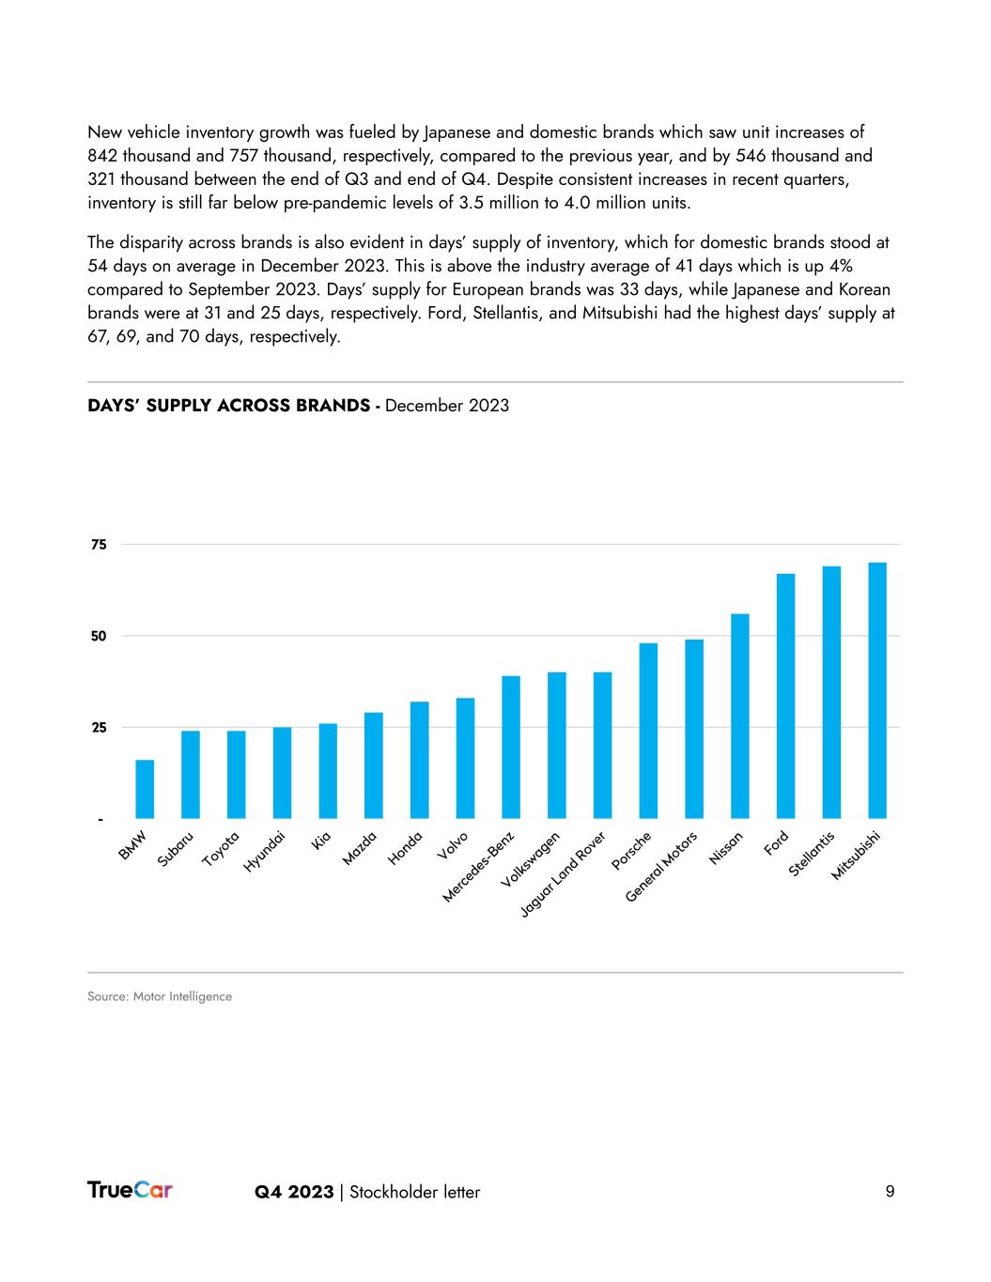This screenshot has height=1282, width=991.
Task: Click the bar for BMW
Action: pyautogui.click(x=145, y=789)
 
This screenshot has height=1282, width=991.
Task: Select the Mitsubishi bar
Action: pyautogui.click(x=877, y=690)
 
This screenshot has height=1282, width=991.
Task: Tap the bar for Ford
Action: pyautogui.click(x=785, y=696)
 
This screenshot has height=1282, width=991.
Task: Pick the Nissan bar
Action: pyautogui.click(x=740, y=716)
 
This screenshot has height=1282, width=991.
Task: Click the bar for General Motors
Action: pyautogui.click(x=694, y=729)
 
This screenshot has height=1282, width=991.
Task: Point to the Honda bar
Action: pyautogui.click(x=419, y=760)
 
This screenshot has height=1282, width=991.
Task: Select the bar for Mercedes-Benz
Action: pyautogui.click(x=511, y=747)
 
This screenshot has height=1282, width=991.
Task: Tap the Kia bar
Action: pyautogui.click(x=328, y=770)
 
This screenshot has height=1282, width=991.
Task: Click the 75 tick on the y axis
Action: pyautogui.click(x=99, y=545)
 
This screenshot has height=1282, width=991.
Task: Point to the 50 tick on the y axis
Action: pyautogui.click(x=99, y=636)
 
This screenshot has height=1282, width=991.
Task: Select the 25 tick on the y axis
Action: pyautogui.click(x=99, y=728)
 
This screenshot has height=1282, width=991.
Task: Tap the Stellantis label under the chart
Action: pyautogui.click(x=813, y=854)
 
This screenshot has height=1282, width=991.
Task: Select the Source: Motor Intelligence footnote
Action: pyautogui.click(x=160, y=996)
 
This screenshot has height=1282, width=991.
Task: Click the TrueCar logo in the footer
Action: pyautogui.click(x=130, y=1190)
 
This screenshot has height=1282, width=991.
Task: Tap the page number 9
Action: pyautogui.click(x=890, y=1192)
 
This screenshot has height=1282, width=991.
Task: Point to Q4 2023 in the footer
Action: pyautogui.click(x=294, y=1192)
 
